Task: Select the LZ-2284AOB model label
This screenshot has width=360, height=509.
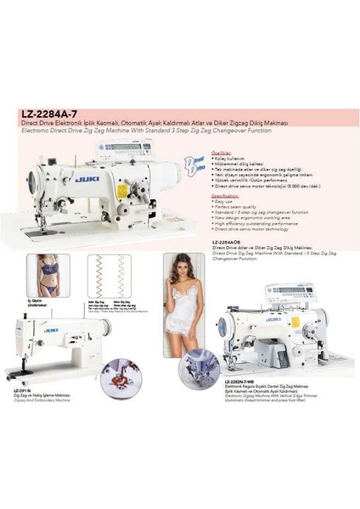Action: [x=229, y=242]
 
